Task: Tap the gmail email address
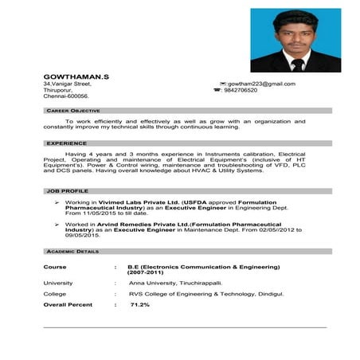[262, 84]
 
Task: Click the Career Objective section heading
[72, 111]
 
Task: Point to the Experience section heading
[66, 143]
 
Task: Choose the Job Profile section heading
[67, 192]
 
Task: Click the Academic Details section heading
[72, 251]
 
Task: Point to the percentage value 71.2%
[140, 304]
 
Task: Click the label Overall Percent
[68, 304]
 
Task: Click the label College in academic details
[55, 293]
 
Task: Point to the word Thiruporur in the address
[60, 90]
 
